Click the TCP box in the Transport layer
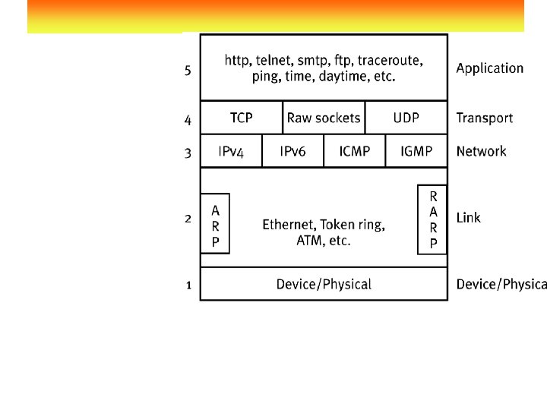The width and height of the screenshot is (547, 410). pos(242,118)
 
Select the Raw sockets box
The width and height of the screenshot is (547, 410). pos(324,118)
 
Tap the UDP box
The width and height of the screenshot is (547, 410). pos(406,118)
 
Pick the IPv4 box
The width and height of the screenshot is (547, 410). pos(231,151)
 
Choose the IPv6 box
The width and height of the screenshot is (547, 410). pos(292,151)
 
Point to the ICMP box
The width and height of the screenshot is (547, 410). pos(355,151)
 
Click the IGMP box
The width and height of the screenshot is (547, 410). pos(416,151)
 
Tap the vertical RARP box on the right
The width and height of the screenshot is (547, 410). pos(433,219)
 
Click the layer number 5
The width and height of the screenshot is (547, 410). pos(188,70)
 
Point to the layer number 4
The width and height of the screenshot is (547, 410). pos(188,120)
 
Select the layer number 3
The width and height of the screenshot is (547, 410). pos(188,153)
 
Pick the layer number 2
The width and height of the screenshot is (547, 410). pos(188,219)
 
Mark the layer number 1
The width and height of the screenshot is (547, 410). pos(188,285)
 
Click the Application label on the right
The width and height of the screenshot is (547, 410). pos(489,68)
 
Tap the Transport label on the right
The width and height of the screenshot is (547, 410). pos(484,118)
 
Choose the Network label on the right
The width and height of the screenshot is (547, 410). pos(481,151)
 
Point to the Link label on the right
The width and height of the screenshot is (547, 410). pos(468,218)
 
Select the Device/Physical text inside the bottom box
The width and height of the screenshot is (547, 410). pos(324,284)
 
